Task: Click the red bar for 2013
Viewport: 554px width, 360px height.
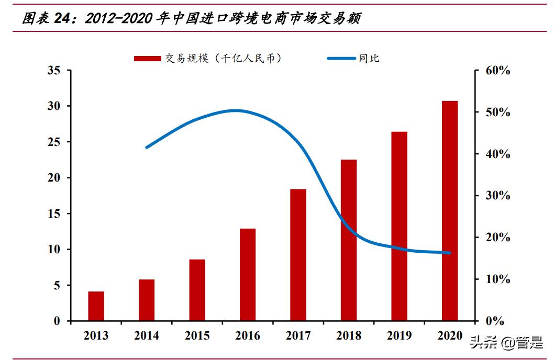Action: [96, 306]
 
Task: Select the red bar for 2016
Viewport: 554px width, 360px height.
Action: [248, 275]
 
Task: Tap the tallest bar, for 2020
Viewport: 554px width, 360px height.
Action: [450, 210]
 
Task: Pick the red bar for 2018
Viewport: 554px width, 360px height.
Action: [349, 240]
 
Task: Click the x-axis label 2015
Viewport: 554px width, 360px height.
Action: [197, 336]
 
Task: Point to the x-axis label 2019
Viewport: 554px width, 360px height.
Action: [399, 336]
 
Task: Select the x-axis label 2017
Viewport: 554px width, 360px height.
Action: [298, 336]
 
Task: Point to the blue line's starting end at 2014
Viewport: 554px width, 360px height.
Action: [146, 147]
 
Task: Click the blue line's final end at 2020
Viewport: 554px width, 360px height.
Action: [450, 253]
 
